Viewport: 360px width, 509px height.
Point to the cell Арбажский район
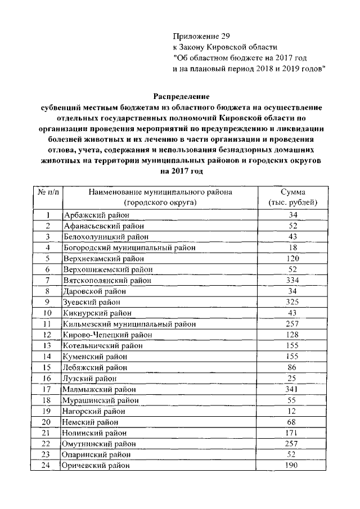(96, 215)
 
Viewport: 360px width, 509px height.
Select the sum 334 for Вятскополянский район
(292, 280)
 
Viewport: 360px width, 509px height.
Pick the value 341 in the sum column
(292, 389)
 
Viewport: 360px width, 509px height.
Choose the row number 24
(48, 465)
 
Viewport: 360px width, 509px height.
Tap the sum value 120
(292, 259)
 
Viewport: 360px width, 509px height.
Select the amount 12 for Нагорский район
(292, 411)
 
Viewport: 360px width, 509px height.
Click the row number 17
(48, 389)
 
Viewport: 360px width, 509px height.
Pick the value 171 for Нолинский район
(292, 433)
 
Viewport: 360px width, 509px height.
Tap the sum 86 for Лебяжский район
(292, 367)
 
